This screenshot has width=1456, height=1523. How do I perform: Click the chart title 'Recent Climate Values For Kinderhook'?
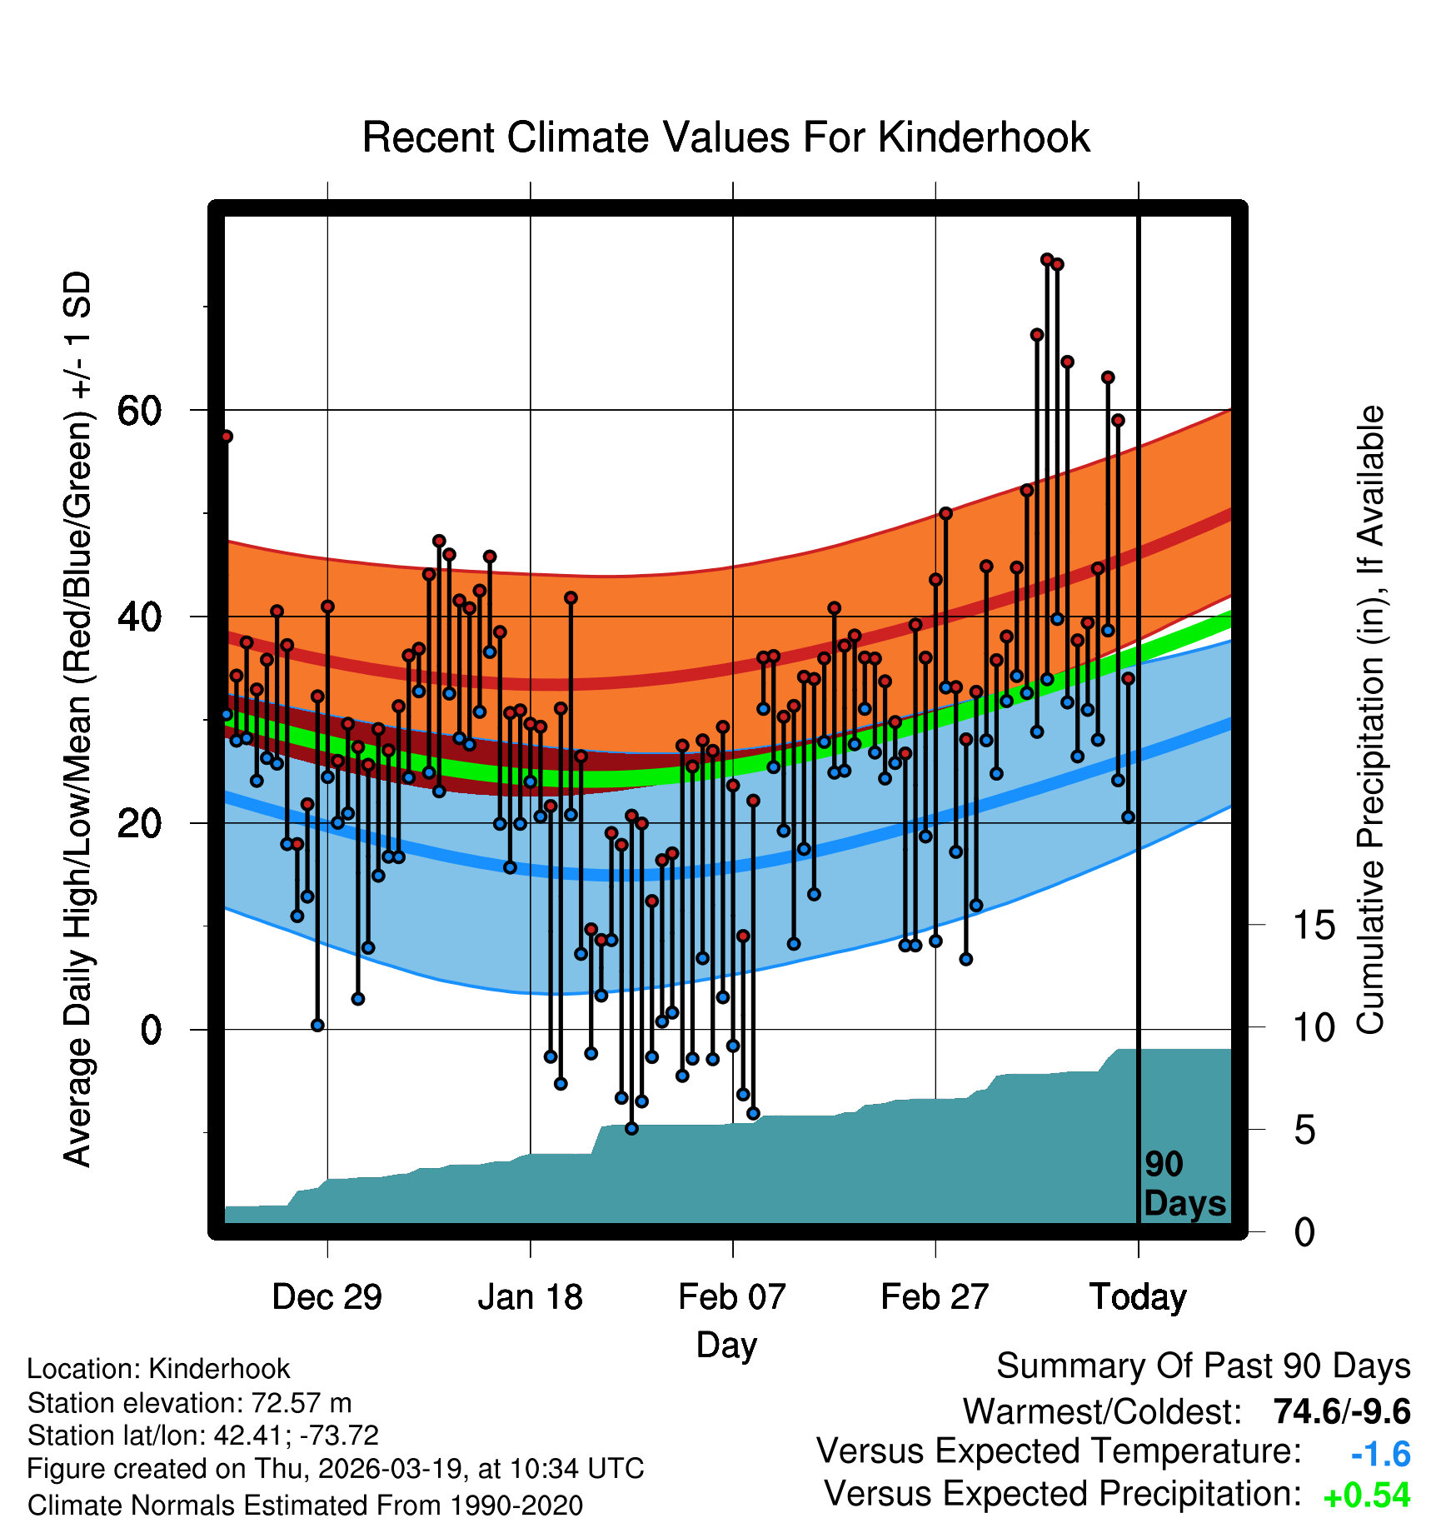point(726,137)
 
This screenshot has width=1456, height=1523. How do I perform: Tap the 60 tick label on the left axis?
point(139,410)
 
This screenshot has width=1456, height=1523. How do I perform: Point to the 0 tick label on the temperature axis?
point(151,1030)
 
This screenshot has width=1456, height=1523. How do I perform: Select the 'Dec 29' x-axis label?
point(327,1297)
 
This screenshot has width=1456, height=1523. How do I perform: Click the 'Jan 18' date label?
point(530,1297)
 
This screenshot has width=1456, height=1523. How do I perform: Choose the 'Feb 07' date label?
point(732,1297)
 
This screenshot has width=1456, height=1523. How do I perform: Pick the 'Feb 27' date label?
point(935,1297)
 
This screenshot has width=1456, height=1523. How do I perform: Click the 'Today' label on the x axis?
point(1138,1297)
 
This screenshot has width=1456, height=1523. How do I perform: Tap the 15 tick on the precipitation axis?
point(1314,925)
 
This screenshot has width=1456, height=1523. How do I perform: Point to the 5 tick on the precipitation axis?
point(1304,1131)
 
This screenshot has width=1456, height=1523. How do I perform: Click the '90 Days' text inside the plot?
point(1184,1184)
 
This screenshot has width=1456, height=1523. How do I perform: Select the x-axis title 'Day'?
point(726,1345)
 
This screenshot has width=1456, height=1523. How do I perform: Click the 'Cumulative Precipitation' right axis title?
point(1370,721)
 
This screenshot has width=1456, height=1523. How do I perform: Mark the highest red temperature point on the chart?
point(1047,260)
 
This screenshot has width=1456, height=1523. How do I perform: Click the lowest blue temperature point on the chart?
point(631,1128)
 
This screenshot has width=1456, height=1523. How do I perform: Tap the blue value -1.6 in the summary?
point(1380,1454)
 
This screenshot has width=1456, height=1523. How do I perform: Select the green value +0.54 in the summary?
point(1366,1496)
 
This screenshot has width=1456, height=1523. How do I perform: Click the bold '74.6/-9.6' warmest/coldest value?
point(1341,1411)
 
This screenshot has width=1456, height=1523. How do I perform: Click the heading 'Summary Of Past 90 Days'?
point(1203,1366)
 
